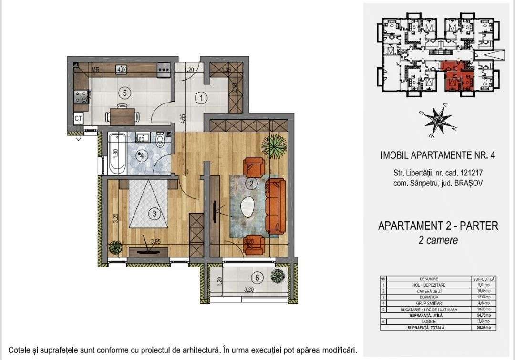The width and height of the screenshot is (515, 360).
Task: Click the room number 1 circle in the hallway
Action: [201, 99]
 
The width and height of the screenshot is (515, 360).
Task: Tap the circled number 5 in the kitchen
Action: [124, 93]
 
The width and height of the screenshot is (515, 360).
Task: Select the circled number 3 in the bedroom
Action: [154, 214]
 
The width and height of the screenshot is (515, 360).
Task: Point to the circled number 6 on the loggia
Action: [257, 278]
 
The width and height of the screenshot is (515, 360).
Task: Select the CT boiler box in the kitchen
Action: [79, 118]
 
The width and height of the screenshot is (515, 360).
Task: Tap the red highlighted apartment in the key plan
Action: [455, 76]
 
